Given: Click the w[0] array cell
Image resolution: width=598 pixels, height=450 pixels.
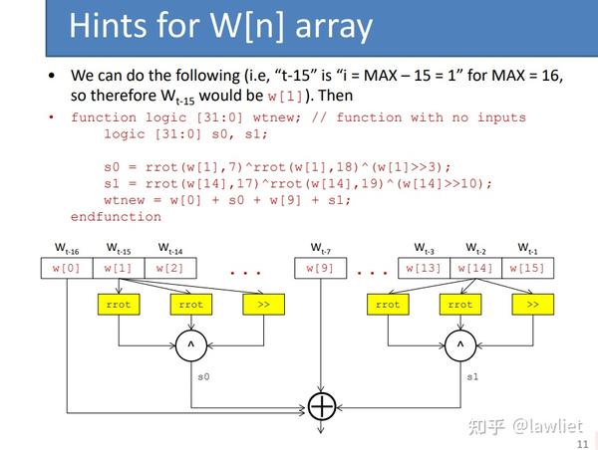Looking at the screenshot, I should click(x=66, y=268).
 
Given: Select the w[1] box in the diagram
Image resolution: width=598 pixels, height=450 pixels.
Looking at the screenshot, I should click(x=118, y=268).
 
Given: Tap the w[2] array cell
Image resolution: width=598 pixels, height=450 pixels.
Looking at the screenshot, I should click(x=170, y=268).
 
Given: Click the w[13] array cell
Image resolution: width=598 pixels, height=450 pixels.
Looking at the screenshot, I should click(x=425, y=268).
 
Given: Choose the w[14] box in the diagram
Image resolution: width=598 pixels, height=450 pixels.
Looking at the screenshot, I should click(x=476, y=268).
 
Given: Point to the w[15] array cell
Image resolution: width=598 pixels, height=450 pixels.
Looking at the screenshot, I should click(x=528, y=268).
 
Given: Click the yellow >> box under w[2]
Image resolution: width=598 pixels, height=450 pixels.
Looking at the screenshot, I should click(x=263, y=305).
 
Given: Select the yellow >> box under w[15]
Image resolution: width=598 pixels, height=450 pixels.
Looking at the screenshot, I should click(x=532, y=305).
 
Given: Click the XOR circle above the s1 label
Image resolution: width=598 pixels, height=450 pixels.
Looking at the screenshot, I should click(x=459, y=345).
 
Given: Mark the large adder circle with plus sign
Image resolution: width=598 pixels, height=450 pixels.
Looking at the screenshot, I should click(x=322, y=406).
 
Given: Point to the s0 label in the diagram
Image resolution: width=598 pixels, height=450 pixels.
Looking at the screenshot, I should click(x=203, y=376).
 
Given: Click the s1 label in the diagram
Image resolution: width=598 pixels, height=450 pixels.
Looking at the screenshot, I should click(x=473, y=376).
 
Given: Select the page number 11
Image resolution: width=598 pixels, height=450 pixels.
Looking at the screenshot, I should click(x=582, y=430).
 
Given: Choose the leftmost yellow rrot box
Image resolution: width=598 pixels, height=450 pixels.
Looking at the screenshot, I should click(x=119, y=305).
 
